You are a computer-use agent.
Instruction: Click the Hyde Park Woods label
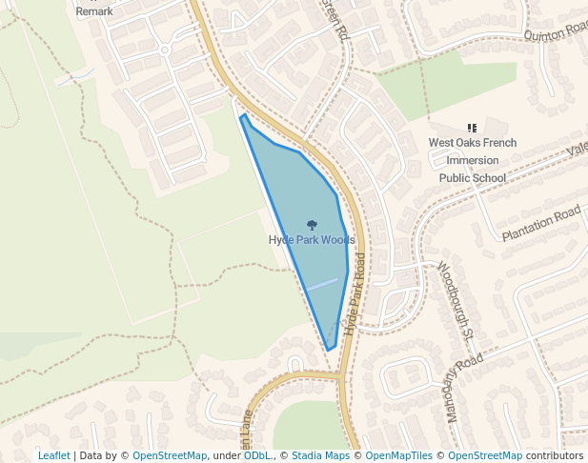pyautogui.click(x=311, y=240)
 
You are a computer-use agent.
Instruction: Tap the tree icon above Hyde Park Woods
pyautogui.click(x=312, y=225)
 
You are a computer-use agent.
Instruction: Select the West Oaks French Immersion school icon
pyautogui.click(x=472, y=128)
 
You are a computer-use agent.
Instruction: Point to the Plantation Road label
pyautogui.click(x=540, y=222)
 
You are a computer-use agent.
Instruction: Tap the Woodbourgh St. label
pyautogui.click(x=456, y=300)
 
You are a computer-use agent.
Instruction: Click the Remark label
pyautogui.click(x=94, y=11)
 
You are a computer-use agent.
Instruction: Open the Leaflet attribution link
pyautogui.click(x=53, y=456)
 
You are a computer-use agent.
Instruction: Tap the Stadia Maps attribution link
pyautogui.click(x=320, y=456)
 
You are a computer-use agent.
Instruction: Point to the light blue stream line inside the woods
pyautogui.click(x=322, y=284)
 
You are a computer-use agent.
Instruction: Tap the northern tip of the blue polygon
pyautogui.click(x=244, y=116)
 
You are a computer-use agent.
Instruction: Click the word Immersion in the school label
pyautogui.click(x=473, y=160)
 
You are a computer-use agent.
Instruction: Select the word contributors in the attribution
pyautogui.click(x=555, y=456)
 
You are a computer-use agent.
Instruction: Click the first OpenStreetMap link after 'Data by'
pyautogui.click(x=169, y=456)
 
